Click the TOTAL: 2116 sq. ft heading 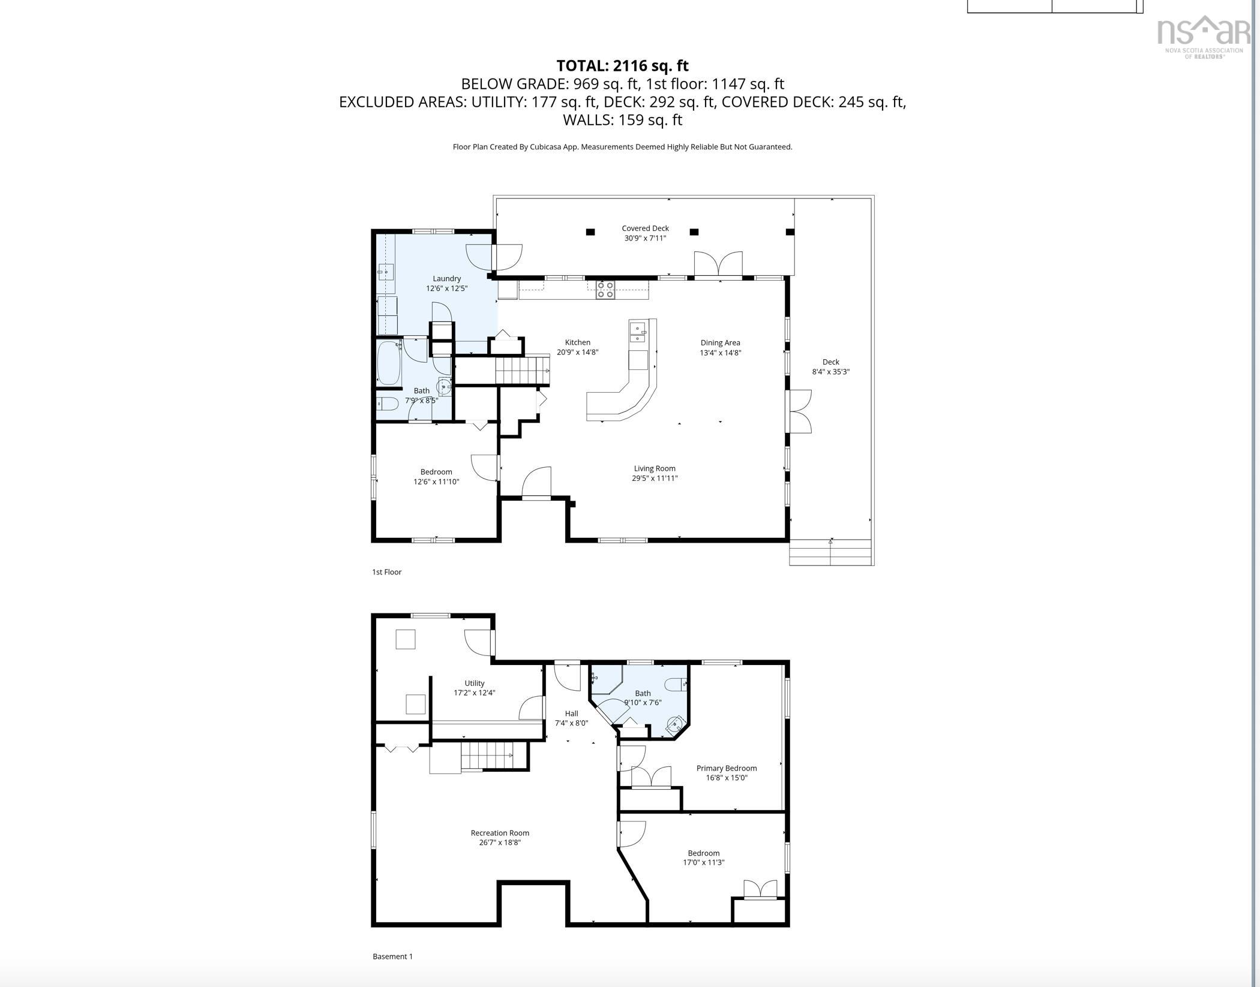[622, 65]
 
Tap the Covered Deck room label [645, 228]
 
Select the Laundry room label [446, 279]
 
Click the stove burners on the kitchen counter [605, 290]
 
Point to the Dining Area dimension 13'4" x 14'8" [720, 353]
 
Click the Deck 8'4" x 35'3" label [830, 366]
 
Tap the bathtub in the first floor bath [389, 363]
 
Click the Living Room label [654, 468]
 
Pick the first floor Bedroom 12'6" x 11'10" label [436, 477]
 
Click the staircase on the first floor [521, 370]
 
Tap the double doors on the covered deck [718, 264]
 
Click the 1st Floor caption [386, 572]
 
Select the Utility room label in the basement [474, 684]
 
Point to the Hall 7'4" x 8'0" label [571, 718]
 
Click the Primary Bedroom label [726, 768]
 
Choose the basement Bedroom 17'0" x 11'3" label [703, 857]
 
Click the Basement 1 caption [392, 956]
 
